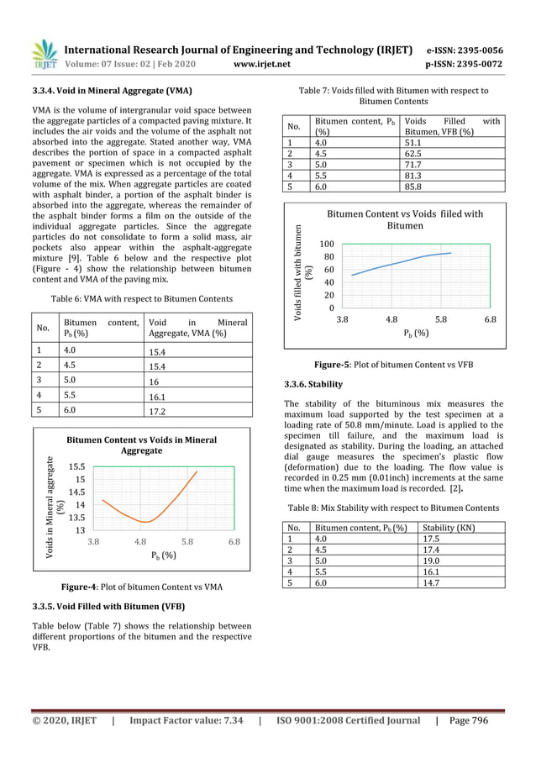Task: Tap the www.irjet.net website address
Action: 263,64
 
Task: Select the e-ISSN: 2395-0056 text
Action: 465,50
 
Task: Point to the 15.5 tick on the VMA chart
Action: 75,465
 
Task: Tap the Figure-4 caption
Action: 142,587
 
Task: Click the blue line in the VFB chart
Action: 403,261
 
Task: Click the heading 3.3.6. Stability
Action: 313,384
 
